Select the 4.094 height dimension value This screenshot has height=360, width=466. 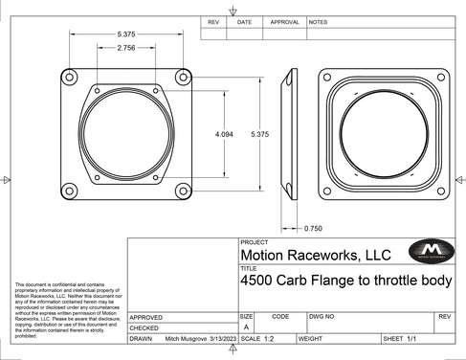coord(224,134)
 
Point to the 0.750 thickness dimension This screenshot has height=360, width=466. coord(313,229)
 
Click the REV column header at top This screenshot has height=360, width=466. coord(213,20)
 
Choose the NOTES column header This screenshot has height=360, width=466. coord(318,20)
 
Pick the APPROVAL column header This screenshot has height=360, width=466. coord(284,20)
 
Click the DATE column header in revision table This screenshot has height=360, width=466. coord(244,20)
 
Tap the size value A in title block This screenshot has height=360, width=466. coord(247,326)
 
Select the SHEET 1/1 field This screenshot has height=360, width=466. coord(401,339)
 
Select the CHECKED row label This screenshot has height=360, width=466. coord(144,327)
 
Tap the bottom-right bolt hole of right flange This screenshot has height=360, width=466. coord(438,191)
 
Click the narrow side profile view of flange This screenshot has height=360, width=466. coord(286,134)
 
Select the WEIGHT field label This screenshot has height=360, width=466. coord(310,339)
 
